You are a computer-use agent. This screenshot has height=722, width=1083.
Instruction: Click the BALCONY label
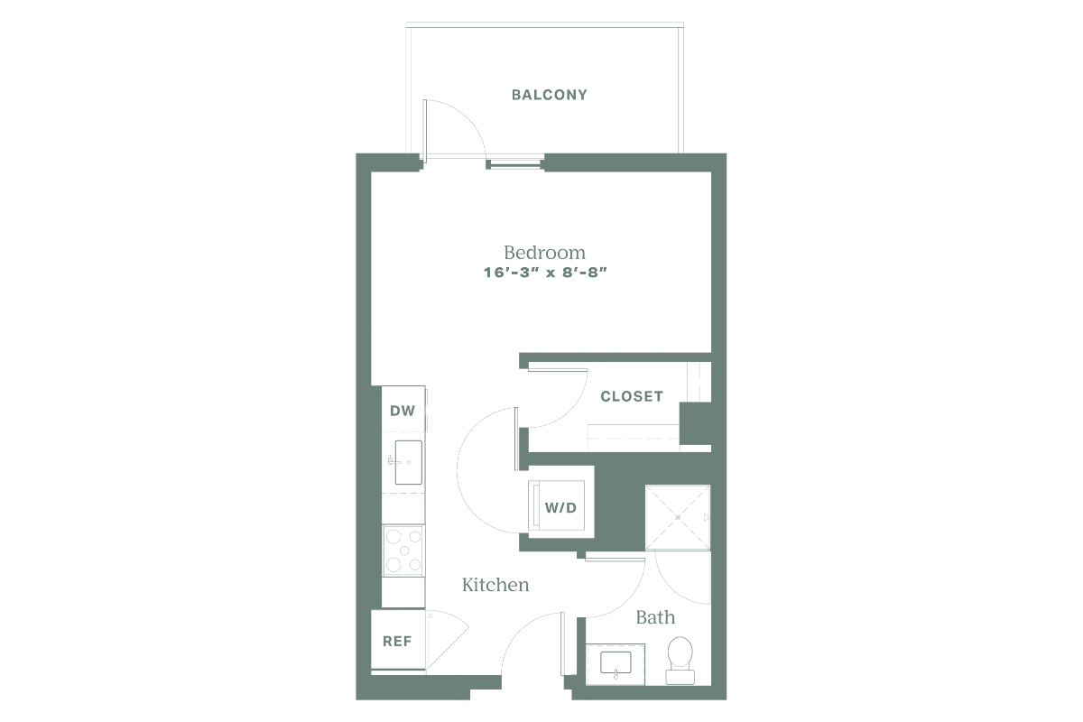tap(550, 95)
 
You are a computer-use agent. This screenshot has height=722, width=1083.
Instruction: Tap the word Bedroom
tap(544, 253)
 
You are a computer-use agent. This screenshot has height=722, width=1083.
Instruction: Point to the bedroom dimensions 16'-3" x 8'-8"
tap(545, 273)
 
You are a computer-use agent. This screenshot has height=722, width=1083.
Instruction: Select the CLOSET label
tap(632, 396)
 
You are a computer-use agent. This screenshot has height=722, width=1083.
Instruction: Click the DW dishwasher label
tap(403, 411)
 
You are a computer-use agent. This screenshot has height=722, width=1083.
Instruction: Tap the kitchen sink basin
tap(408, 462)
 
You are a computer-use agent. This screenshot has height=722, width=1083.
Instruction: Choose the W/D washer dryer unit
tap(557, 505)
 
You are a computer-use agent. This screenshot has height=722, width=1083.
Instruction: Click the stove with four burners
tap(403, 551)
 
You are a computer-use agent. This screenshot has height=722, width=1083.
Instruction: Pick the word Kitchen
tap(495, 585)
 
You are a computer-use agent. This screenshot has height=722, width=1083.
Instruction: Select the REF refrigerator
tap(398, 640)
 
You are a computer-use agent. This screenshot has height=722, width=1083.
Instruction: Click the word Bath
tap(655, 617)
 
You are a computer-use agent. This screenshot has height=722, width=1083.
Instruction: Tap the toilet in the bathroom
tap(680, 660)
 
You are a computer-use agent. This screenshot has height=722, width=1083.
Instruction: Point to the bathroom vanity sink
tap(616, 663)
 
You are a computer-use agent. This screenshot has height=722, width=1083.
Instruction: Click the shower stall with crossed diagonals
tap(678, 517)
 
